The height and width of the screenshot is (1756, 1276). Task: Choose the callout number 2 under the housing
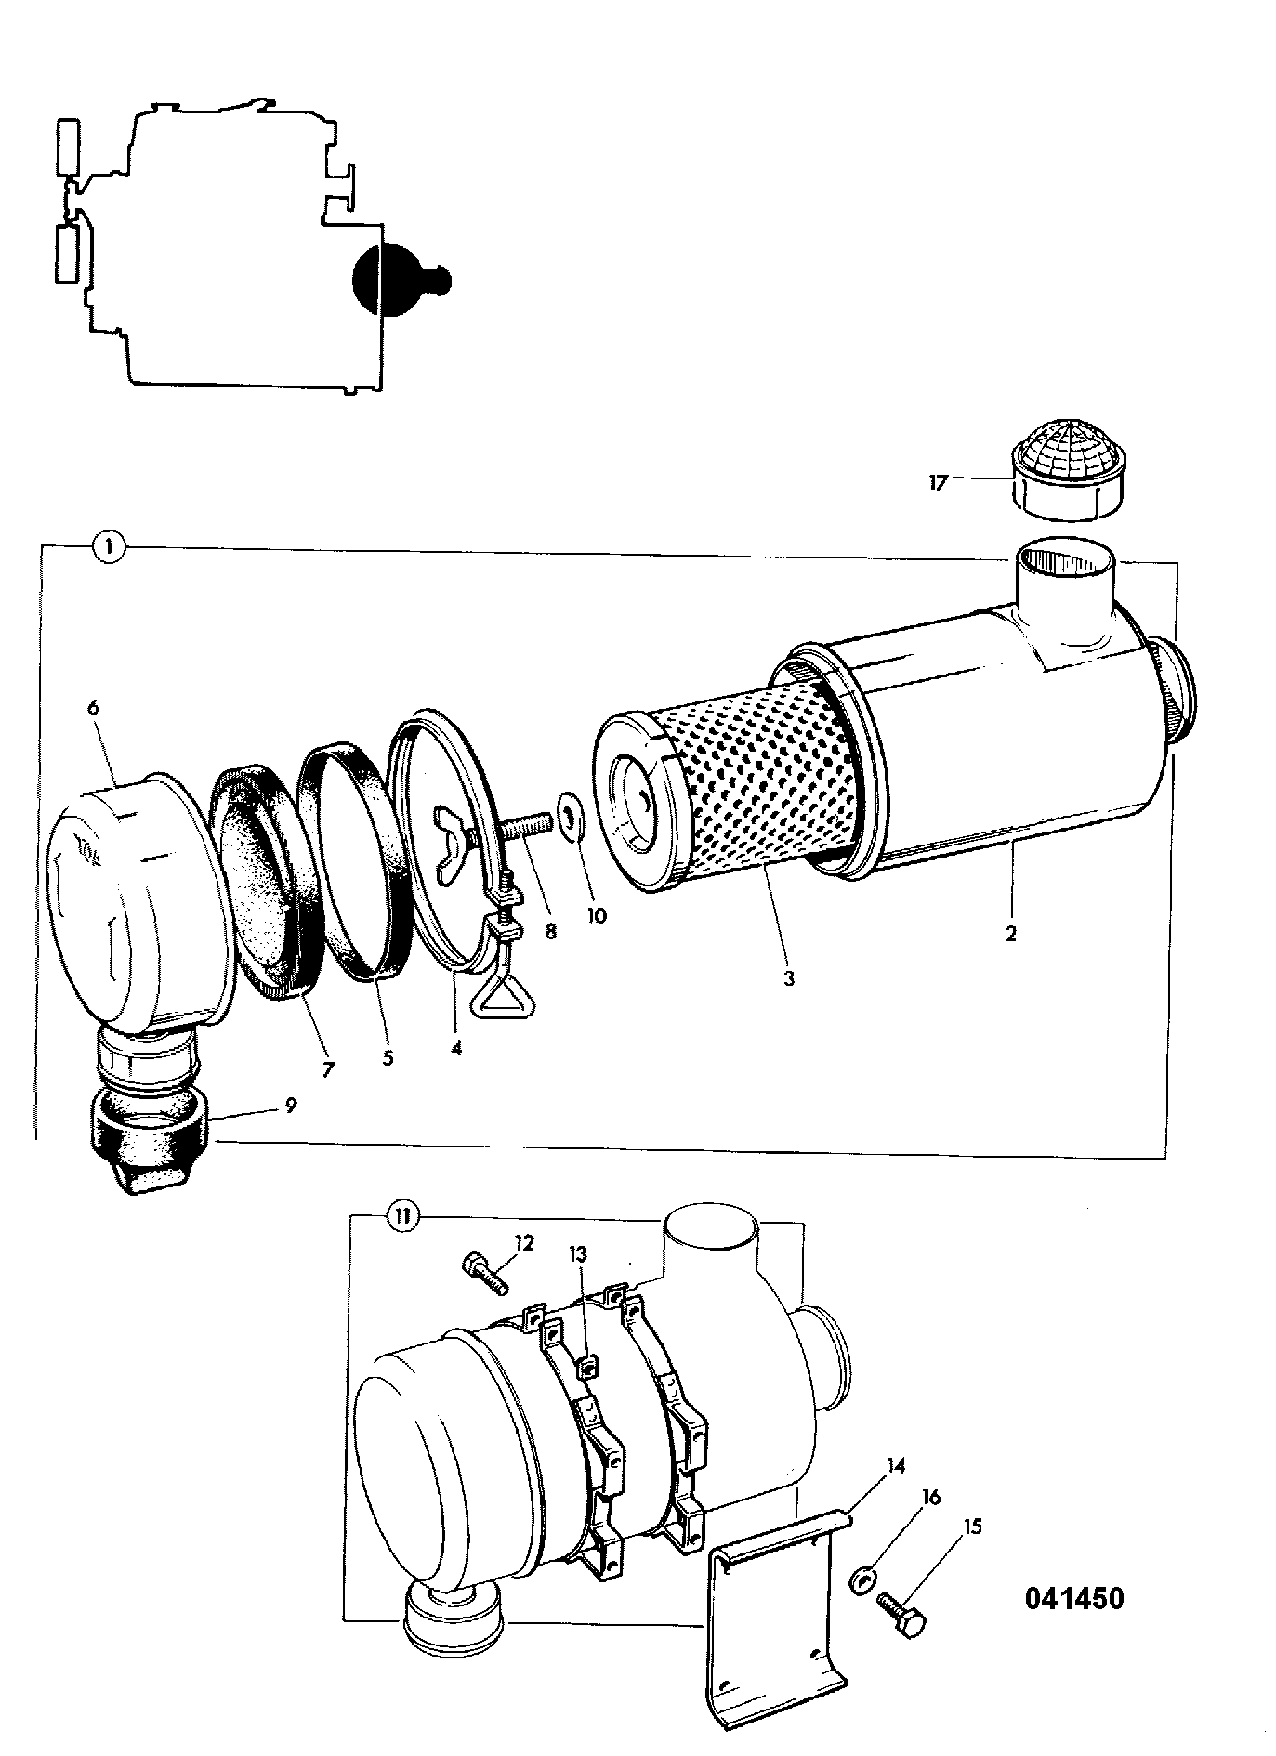click(x=1010, y=933)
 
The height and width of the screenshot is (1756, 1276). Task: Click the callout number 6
click(x=92, y=708)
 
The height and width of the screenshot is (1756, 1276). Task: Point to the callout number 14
click(x=896, y=1466)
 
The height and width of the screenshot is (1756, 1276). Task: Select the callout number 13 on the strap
click(x=578, y=1254)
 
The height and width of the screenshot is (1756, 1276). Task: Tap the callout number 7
click(x=327, y=1069)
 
